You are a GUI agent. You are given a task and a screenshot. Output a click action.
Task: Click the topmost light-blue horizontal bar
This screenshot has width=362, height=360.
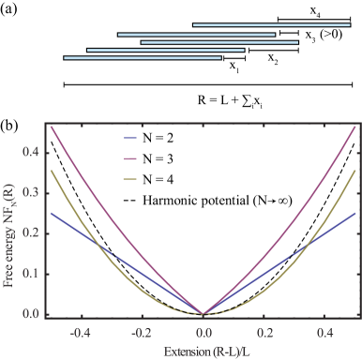(x=271, y=25)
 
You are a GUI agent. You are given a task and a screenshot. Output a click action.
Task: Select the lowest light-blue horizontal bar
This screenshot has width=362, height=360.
(x=143, y=58)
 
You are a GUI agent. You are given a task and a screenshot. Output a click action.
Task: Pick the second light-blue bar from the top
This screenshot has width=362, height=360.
(x=196, y=34)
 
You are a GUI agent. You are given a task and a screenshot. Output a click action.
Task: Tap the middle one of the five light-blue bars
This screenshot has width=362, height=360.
(x=219, y=42)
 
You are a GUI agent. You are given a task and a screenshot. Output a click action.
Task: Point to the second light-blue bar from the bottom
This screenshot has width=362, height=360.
(x=165, y=50)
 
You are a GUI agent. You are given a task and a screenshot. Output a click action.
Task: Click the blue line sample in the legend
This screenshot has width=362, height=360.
(x=130, y=139)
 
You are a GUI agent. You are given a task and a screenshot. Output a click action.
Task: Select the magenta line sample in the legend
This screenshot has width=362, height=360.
(x=130, y=158)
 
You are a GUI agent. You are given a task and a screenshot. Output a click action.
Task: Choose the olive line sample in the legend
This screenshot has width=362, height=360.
(x=130, y=178)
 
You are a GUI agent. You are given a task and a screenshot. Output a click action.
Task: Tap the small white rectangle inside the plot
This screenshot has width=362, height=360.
(x=68, y=137)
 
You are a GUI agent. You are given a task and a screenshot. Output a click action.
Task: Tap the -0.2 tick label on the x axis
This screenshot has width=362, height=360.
(x=141, y=332)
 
